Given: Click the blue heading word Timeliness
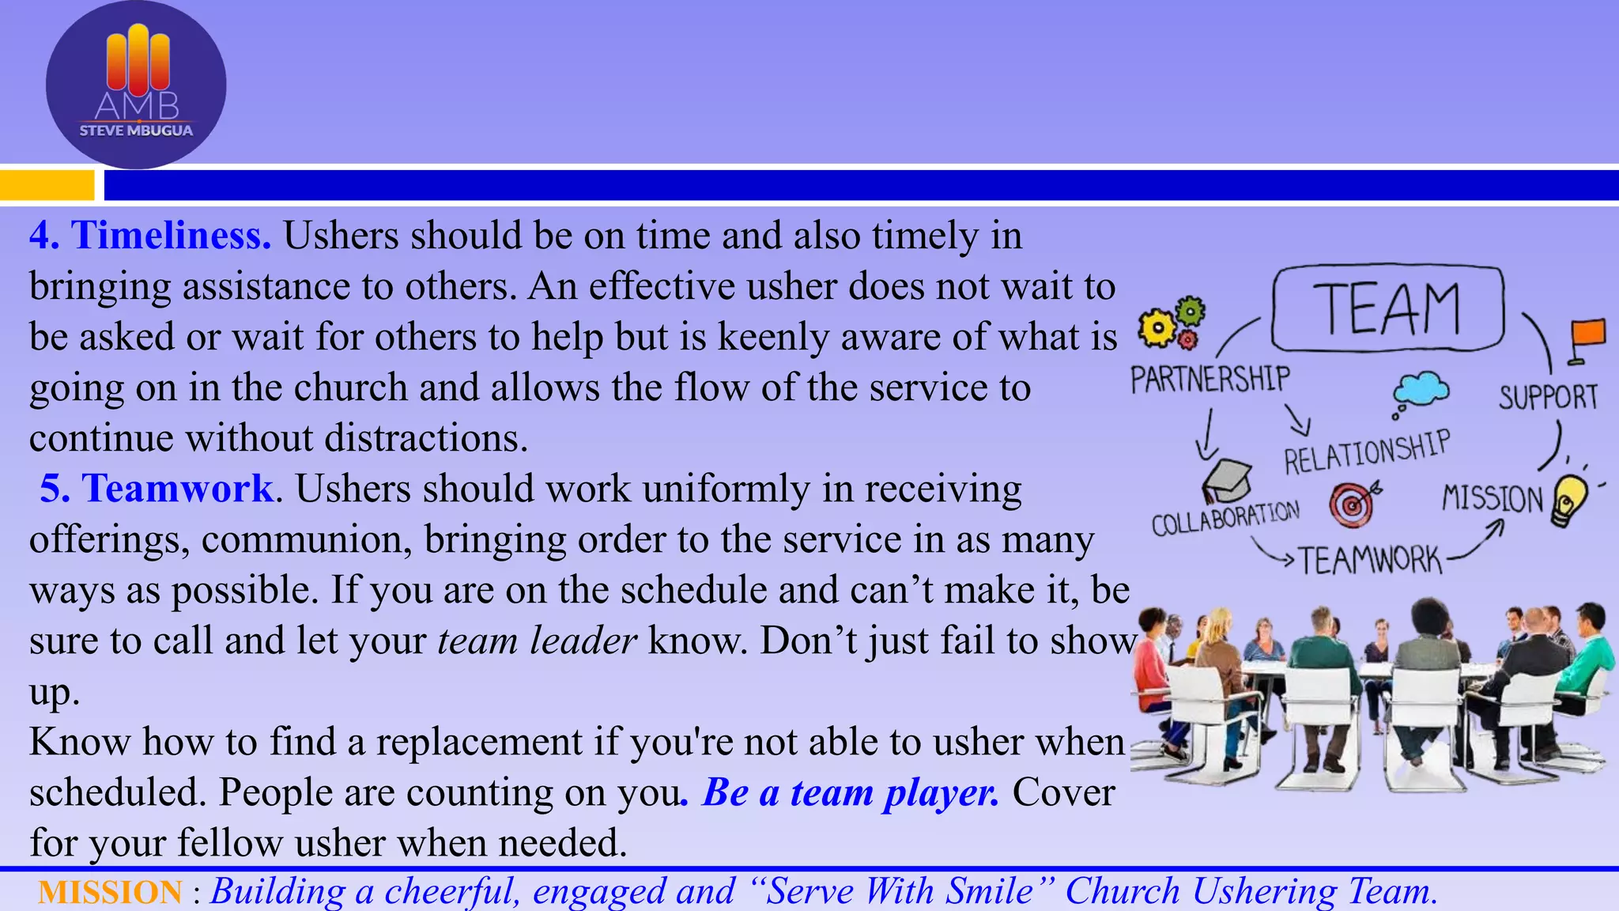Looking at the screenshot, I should (x=171, y=236).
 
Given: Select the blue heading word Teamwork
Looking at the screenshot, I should (x=179, y=489).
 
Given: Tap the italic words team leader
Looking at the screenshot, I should (x=537, y=641).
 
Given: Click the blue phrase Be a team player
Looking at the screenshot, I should (x=851, y=792).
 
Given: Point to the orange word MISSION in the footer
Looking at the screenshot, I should (x=110, y=892).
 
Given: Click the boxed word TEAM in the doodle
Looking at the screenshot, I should (x=1387, y=308).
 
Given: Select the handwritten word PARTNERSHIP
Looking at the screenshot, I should (x=1210, y=380).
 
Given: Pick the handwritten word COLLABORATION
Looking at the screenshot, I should (x=1225, y=518).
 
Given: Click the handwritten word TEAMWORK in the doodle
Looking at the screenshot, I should (x=1370, y=561).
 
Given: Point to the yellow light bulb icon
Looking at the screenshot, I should (x=1569, y=500).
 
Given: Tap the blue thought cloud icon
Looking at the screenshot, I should (x=1421, y=390).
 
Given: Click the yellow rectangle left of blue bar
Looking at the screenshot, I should (x=47, y=186).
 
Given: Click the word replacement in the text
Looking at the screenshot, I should (x=479, y=742).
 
